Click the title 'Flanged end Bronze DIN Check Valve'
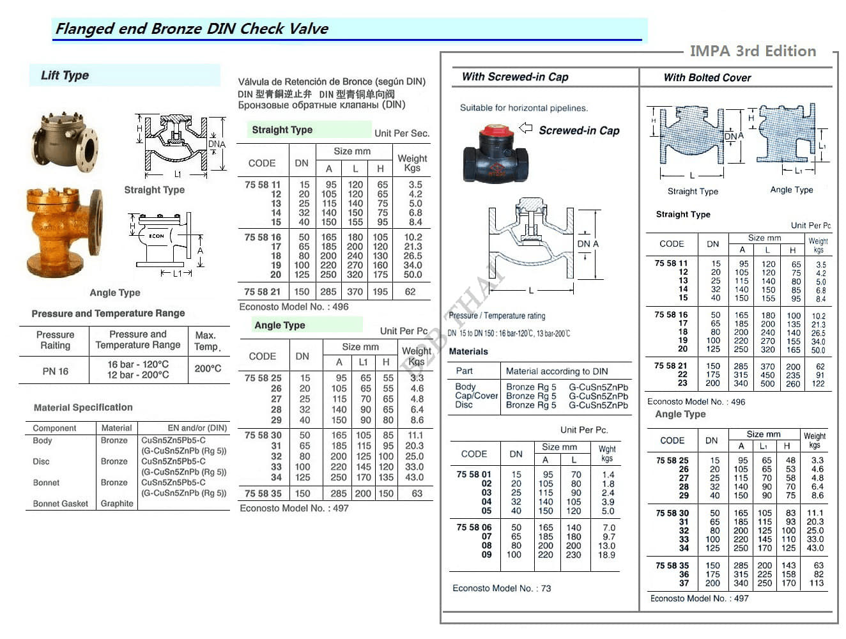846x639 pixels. [x=192, y=29]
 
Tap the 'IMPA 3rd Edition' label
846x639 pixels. [x=753, y=51]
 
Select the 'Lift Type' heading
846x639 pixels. [x=65, y=75]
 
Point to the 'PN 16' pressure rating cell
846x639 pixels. [x=55, y=371]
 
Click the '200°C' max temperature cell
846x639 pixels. [x=208, y=369]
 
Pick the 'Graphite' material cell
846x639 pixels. [x=117, y=504]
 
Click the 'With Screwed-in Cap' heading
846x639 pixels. [x=515, y=77]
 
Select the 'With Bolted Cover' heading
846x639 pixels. [x=707, y=78]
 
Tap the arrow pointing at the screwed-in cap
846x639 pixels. [x=525, y=128]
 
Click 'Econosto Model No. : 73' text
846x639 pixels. [x=502, y=589]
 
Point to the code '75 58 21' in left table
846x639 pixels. [x=262, y=291]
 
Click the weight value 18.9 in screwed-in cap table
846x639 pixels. [x=606, y=555]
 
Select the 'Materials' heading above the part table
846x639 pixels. [x=468, y=351]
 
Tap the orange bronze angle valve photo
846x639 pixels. [x=63, y=230]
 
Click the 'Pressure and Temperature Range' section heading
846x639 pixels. [x=109, y=313]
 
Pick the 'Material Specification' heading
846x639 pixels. [x=83, y=407]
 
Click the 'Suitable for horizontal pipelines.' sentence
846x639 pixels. [x=524, y=108]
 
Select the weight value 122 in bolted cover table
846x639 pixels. [x=819, y=383]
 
